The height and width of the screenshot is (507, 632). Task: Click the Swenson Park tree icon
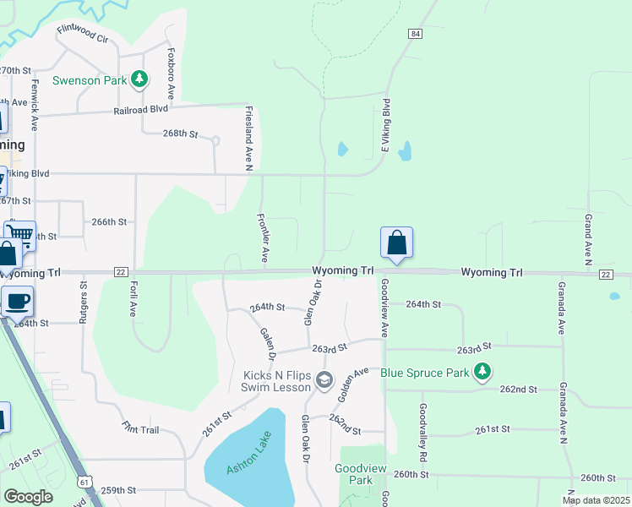(140, 80)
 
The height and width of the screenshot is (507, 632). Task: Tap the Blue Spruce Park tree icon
(482, 371)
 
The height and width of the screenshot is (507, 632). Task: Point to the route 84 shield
(414, 34)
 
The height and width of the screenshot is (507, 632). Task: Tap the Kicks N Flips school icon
(324, 381)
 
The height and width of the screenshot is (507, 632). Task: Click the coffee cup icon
(17, 300)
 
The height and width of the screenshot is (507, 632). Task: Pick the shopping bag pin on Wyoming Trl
(396, 243)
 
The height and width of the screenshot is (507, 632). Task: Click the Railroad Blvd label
(143, 109)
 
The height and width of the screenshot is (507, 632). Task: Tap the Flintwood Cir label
(83, 34)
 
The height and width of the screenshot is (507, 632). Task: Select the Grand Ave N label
(587, 237)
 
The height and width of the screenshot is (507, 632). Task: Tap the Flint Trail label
(140, 429)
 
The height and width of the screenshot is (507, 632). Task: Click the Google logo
(28, 497)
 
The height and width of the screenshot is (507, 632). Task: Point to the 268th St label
(180, 134)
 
